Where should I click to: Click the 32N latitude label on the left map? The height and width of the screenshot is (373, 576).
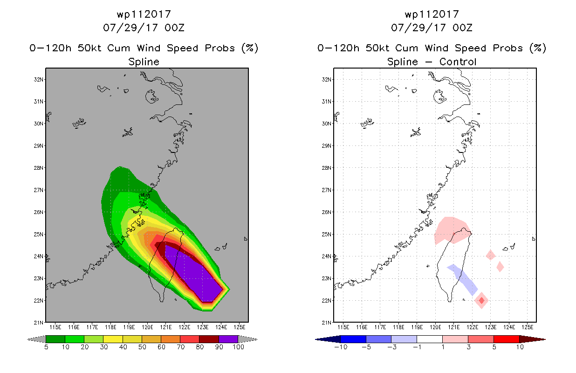tap(39, 79)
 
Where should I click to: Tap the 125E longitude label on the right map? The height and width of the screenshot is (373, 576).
tap(528, 327)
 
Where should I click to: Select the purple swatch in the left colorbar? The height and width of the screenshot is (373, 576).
tap(228, 339)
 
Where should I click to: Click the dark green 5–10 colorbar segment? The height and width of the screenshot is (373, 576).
tap(55, 339)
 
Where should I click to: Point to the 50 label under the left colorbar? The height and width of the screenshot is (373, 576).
tap(142, 347)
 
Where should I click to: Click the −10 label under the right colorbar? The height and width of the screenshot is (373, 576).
tap(341, 347)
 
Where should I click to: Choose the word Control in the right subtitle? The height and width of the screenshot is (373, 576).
tap(458, 62)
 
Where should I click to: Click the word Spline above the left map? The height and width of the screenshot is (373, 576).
tap(144, 62)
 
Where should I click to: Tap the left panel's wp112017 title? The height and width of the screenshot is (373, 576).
tap(144, 14)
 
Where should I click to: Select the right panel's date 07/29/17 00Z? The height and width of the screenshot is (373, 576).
tap(432, 28)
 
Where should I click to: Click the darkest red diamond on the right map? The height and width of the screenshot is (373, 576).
tap(481, 300)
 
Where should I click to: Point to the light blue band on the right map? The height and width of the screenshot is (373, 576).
tap(463, 280)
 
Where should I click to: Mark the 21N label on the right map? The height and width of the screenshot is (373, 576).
tap(327, 323)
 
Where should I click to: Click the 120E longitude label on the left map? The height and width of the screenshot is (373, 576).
tap(147, 327)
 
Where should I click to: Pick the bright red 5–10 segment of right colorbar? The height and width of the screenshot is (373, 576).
tap(506, 339)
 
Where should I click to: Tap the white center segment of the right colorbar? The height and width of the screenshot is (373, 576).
tap(430, 339)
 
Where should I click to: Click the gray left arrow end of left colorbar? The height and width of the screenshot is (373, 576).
tap(36, 339)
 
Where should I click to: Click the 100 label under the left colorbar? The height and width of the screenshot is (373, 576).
tap(239, 347)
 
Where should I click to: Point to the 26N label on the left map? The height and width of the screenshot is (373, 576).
tap(39, 212)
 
